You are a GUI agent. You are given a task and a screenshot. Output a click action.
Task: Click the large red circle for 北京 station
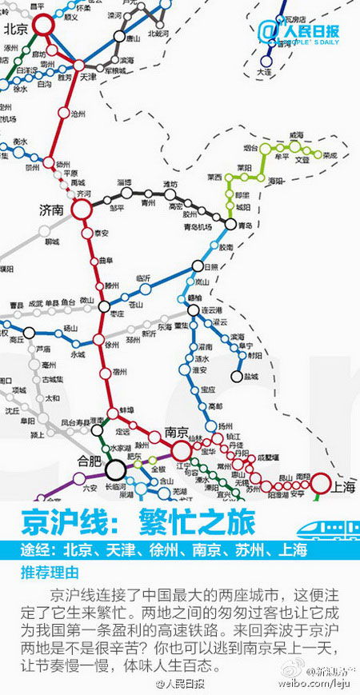[42, 26]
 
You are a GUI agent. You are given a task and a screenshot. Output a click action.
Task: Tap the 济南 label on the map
[51, 210]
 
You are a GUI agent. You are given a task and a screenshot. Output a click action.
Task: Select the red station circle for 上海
[320, 483]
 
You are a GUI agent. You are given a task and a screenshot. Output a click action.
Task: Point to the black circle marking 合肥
[115, 467]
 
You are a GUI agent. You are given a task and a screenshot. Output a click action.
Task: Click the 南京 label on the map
[176, 432]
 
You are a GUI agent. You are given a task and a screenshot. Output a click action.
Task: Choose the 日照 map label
[211, 266]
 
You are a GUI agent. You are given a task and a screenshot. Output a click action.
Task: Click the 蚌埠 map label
[126, 410]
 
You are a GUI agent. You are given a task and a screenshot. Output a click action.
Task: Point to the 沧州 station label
[78, 114]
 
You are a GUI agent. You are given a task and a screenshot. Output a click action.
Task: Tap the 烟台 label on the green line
[250, 148]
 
